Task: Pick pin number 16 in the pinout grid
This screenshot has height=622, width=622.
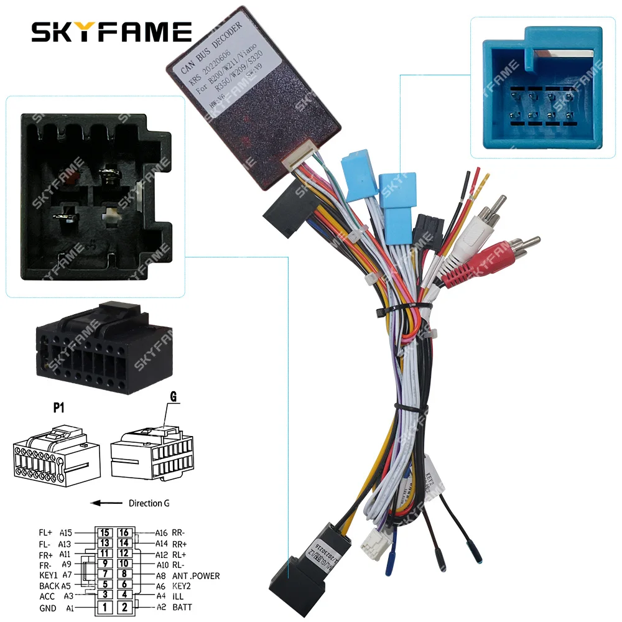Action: [x=124, y=532]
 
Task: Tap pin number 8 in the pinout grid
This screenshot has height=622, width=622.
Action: [x=124, y=575]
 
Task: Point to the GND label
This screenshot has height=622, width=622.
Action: [x=47, y=608]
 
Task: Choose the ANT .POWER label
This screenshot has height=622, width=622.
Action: [x=196, y=575]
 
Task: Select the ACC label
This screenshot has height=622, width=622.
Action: [x=47, y=596]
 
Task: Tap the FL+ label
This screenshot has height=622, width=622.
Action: [x=46, y=532]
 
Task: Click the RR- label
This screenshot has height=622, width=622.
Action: [x=180, y=532]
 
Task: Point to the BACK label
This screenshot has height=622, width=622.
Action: [x=49, y=586]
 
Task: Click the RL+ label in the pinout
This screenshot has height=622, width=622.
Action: [x=180, y=554]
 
